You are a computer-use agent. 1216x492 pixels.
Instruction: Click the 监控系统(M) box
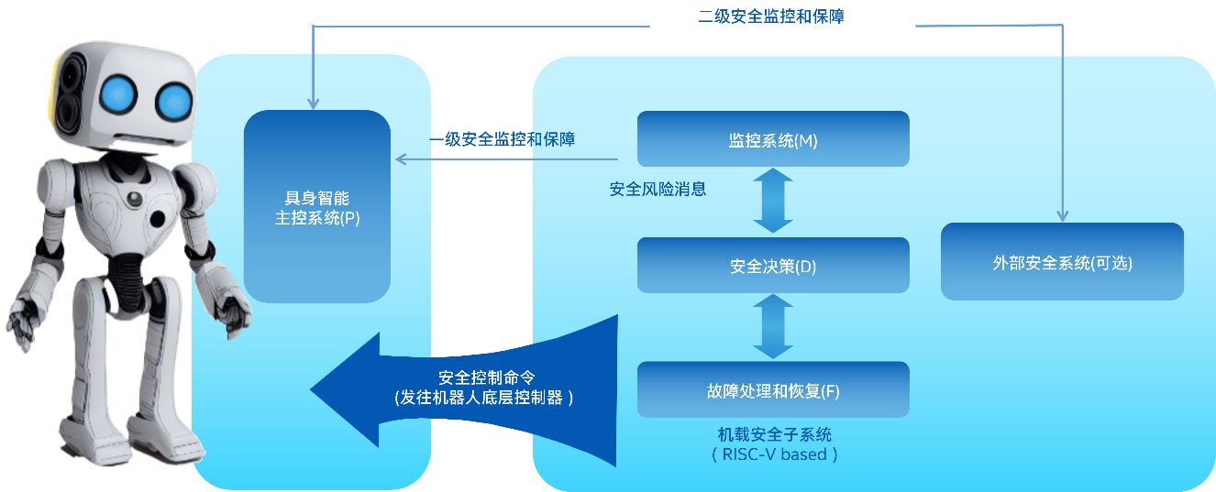773,139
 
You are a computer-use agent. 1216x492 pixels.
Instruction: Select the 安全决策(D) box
773,266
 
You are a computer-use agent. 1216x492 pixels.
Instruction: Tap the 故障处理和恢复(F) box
773,390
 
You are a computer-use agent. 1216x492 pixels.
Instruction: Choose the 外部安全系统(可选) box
1062,262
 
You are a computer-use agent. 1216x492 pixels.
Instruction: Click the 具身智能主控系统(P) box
317,207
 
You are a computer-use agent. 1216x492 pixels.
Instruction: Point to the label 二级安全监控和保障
770,16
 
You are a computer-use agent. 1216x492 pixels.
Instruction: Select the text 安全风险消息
658,190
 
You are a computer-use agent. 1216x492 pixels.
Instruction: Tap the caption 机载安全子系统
774,434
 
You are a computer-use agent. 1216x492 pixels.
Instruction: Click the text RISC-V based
774,454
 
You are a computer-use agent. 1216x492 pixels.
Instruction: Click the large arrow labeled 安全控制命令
459,388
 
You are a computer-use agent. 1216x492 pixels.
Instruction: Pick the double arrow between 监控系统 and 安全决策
773,202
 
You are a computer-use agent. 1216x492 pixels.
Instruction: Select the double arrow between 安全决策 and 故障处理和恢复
773,327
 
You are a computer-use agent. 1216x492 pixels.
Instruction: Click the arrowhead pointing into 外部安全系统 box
1062,216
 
